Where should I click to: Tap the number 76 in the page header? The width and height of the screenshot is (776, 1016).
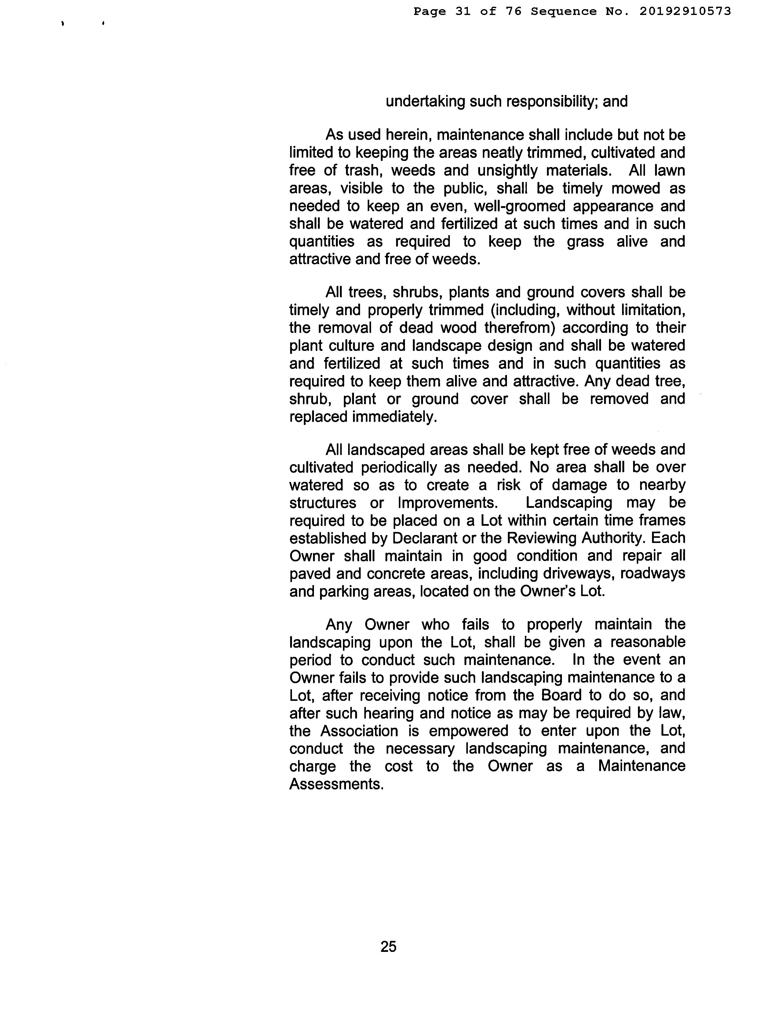(513, 11)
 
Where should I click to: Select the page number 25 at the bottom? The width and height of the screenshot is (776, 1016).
(388, 946)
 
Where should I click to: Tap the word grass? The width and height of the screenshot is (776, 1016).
(585, 242)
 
